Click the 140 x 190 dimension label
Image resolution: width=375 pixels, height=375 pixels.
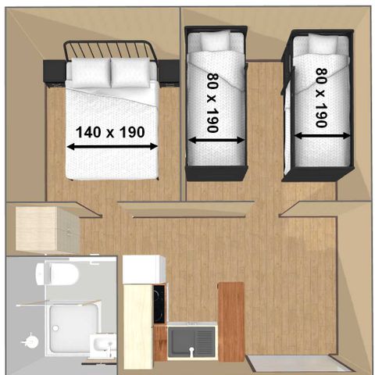110,132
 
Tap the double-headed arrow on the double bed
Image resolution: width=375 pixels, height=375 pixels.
112,147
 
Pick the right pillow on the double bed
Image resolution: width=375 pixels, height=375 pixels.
130,73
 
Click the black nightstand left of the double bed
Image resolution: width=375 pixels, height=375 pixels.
54,71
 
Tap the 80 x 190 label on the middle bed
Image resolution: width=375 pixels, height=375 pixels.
212,102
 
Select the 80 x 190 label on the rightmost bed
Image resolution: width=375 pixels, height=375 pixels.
321,98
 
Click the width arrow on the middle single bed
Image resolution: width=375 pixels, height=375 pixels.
216,141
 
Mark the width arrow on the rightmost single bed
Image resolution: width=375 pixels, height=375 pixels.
323,136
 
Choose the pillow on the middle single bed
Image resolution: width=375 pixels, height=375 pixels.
216,41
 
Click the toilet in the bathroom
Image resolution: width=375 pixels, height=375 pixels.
57,273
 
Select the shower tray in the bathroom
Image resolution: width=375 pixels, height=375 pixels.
73,329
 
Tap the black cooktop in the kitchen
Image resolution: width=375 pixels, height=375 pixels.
159,304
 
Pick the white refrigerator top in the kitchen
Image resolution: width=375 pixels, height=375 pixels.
144,270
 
